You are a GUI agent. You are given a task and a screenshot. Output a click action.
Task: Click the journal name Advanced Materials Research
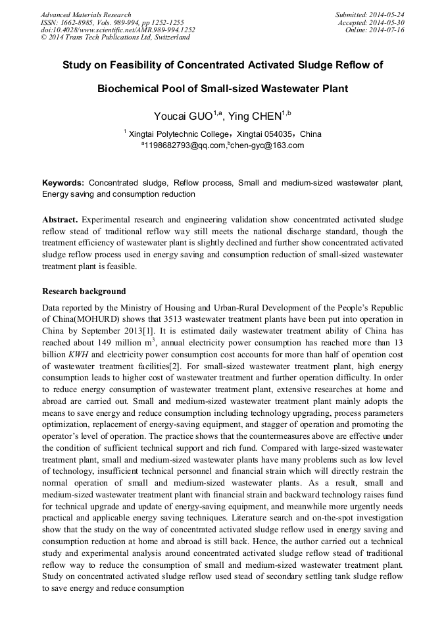click(86, 14)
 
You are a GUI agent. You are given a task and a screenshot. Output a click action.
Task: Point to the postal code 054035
click(274, 134)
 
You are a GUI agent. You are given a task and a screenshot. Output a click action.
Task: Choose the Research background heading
click(84, 291)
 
